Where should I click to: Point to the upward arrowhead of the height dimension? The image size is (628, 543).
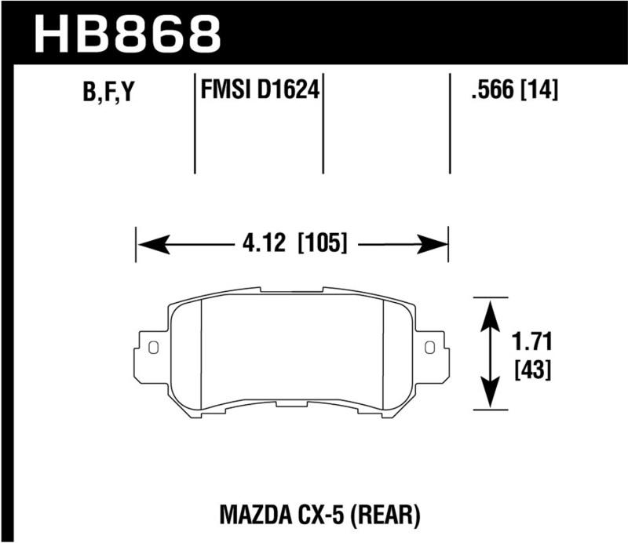pos(491,311)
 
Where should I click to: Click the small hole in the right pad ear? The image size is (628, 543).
pos(429,346)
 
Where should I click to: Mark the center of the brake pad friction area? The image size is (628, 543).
pos(291,352)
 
